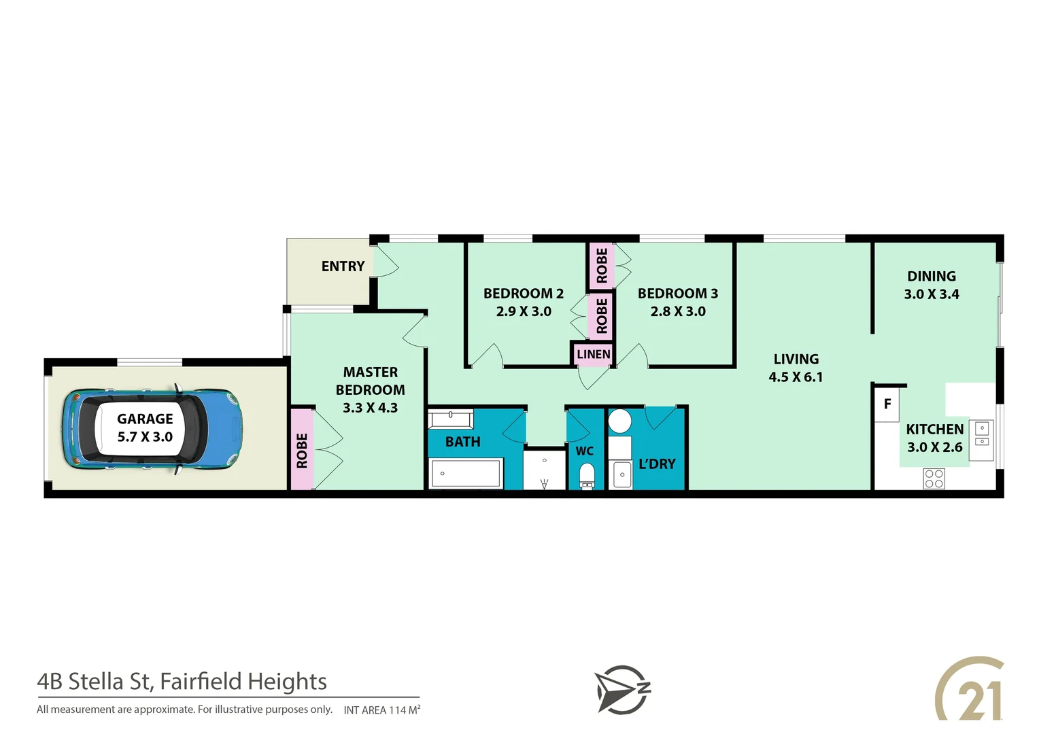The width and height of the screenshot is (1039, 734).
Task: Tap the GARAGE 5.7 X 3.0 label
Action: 145,427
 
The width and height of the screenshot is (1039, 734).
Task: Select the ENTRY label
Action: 343,266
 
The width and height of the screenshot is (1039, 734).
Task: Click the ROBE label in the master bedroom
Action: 302,450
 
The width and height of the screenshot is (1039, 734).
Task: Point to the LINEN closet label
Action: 593,354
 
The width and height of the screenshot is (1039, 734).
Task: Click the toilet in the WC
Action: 587,475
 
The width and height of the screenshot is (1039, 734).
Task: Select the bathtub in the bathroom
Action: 466,473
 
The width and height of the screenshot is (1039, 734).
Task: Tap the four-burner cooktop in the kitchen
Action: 934,478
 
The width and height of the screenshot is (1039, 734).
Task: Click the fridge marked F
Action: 887,404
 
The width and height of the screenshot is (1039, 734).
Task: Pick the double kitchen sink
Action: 982,435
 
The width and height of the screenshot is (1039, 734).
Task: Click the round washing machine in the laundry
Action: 619,421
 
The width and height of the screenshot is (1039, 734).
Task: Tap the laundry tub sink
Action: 621,474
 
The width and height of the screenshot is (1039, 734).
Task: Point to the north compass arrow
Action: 621,689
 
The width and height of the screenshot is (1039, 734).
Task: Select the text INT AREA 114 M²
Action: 381,710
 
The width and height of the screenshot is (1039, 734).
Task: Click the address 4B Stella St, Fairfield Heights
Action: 182,681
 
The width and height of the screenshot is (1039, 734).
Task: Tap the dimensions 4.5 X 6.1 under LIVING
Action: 796,377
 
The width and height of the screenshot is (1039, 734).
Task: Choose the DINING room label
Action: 931,277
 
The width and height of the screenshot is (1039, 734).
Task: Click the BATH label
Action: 462,442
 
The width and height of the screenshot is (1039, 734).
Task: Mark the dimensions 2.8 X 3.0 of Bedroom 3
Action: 677,311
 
